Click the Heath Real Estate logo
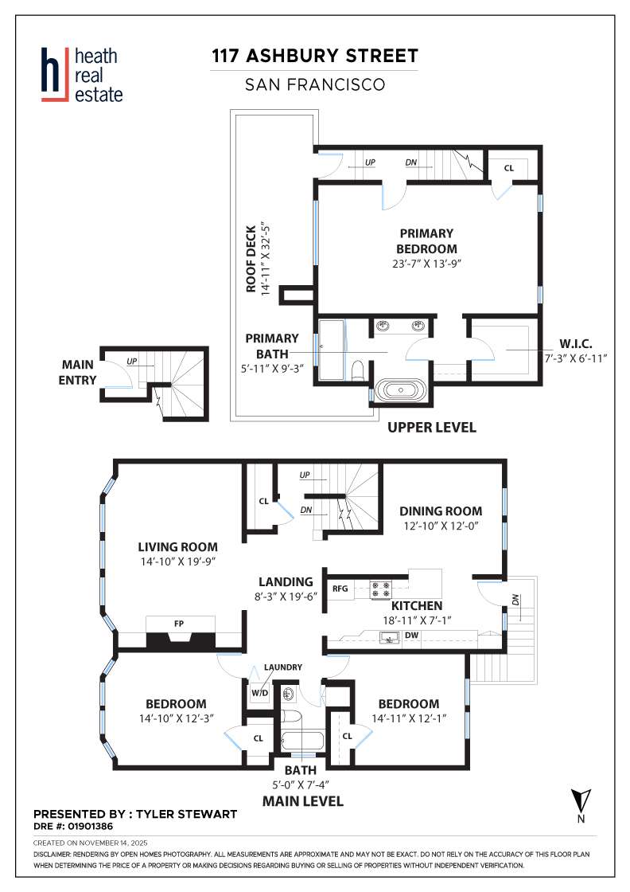[x=82, y=74]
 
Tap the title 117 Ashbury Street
[x=314, y=56]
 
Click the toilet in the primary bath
[x=358, y=370]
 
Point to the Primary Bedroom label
[x=426, y=241]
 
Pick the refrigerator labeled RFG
[x=340, y=589]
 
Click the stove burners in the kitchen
[x=380, y=590]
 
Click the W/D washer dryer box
[x=259, y=693]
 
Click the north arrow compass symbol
[x=580, y=801]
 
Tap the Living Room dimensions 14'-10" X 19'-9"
[x=177, y=561]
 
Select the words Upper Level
[x=431, y=428]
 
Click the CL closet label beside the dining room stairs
[x=263, y=502]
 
